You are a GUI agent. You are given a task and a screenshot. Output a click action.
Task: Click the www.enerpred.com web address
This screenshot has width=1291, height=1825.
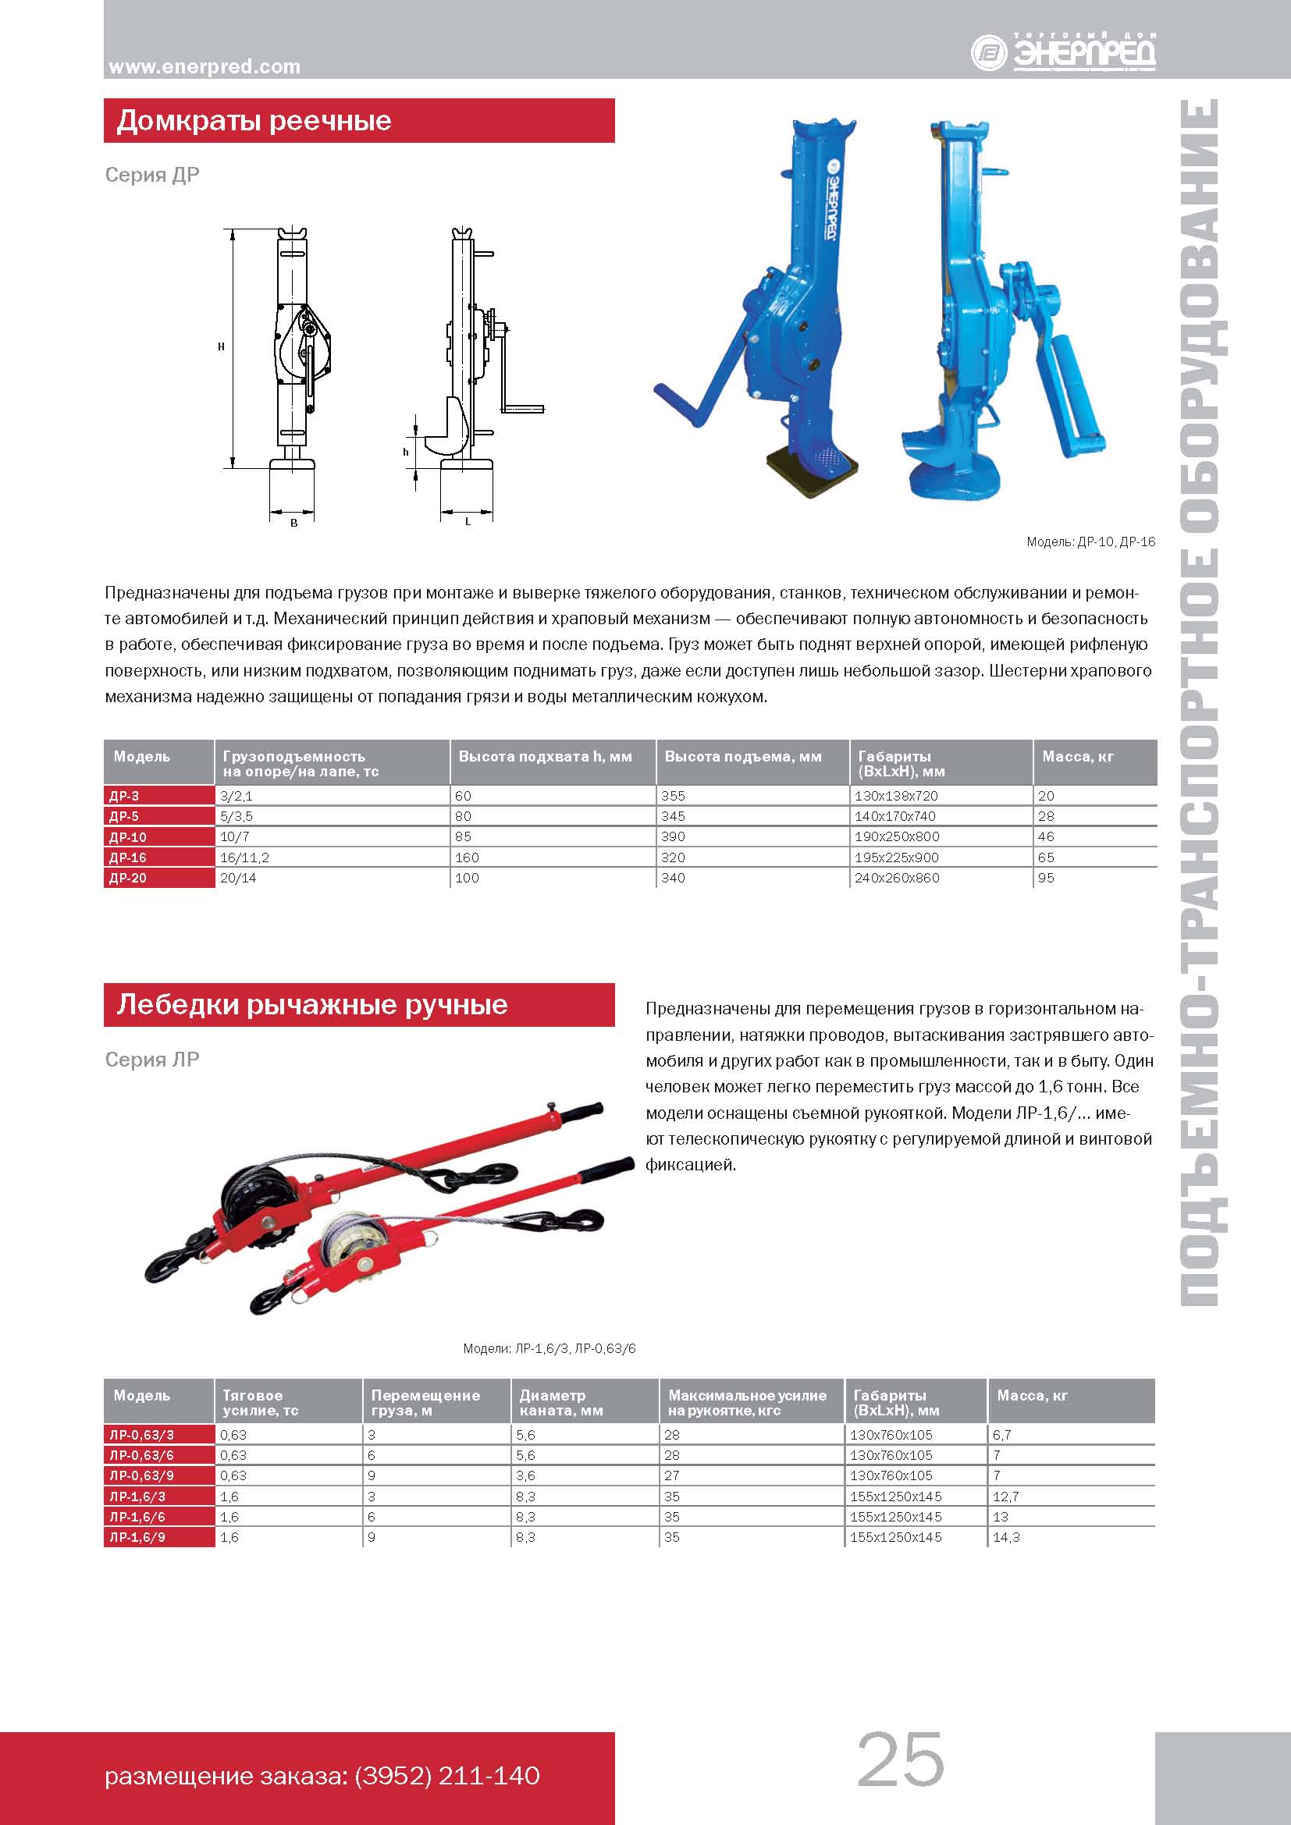click(204, 67)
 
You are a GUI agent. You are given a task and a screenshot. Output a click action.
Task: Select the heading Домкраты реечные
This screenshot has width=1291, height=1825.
click(254, 121)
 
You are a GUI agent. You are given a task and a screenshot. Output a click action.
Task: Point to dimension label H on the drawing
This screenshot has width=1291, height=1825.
click(221, 346)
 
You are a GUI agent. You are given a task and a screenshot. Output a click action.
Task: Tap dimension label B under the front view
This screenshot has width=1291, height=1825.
click(293, 523)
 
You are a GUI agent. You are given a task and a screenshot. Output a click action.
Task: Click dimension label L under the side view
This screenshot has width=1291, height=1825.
click(468, 522)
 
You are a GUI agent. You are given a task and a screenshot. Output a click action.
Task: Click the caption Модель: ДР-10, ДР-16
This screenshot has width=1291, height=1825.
click(1090, 542)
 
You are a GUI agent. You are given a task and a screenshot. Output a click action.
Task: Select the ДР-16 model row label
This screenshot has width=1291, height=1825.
click(127, 857)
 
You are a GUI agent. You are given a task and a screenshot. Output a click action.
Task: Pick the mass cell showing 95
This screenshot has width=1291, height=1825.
click(1046, 879)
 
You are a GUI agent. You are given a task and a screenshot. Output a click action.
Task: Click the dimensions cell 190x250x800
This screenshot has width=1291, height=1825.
click(896, 837)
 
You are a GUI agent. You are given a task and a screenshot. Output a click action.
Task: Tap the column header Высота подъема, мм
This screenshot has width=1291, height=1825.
click(742, 757)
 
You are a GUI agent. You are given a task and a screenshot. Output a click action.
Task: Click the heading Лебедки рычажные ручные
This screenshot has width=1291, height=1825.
click(311, 1005)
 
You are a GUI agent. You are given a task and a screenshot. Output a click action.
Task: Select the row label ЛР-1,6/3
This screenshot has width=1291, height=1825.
click(137, 1497)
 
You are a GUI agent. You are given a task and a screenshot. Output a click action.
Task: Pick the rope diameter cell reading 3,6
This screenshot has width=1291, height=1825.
click(525, 1476)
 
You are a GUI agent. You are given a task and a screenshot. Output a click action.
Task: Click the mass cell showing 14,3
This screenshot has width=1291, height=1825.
click(1005, 1537)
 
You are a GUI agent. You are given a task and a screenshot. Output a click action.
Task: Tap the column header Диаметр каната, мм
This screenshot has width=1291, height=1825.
click(560, 1403)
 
